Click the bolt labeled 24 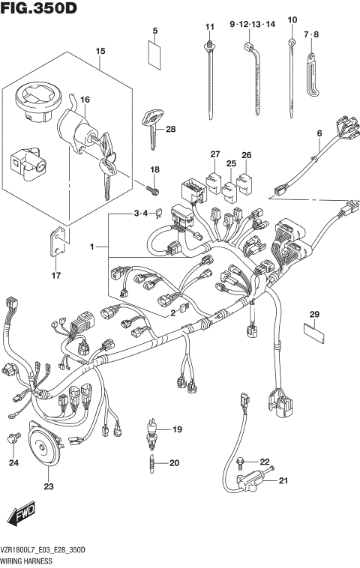click(13, 438)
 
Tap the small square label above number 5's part click(154, 55)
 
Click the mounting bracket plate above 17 click(59, 239)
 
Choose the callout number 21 click(283, 480)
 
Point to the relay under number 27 click(214, 179)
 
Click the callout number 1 click(94, 246)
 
